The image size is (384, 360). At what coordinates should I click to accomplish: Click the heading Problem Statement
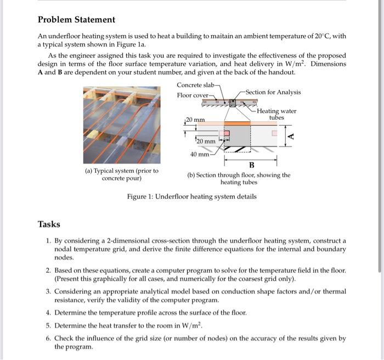click(76, 20)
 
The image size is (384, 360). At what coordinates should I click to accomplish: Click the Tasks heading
click(49, 224)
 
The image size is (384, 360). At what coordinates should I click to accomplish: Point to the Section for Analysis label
click(273, 92)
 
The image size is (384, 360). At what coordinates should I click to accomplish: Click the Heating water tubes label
click(276, 114)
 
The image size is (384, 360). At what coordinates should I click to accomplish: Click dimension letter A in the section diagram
click(291, 136)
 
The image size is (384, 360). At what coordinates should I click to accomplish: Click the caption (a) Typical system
click(122, 175)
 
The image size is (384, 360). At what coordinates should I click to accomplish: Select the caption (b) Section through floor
click(239, 178)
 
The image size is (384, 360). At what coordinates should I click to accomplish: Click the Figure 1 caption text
click(191, 196)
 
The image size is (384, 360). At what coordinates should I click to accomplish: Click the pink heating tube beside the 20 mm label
click(224, 135)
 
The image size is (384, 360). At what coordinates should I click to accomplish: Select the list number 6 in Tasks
click(48, 338)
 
